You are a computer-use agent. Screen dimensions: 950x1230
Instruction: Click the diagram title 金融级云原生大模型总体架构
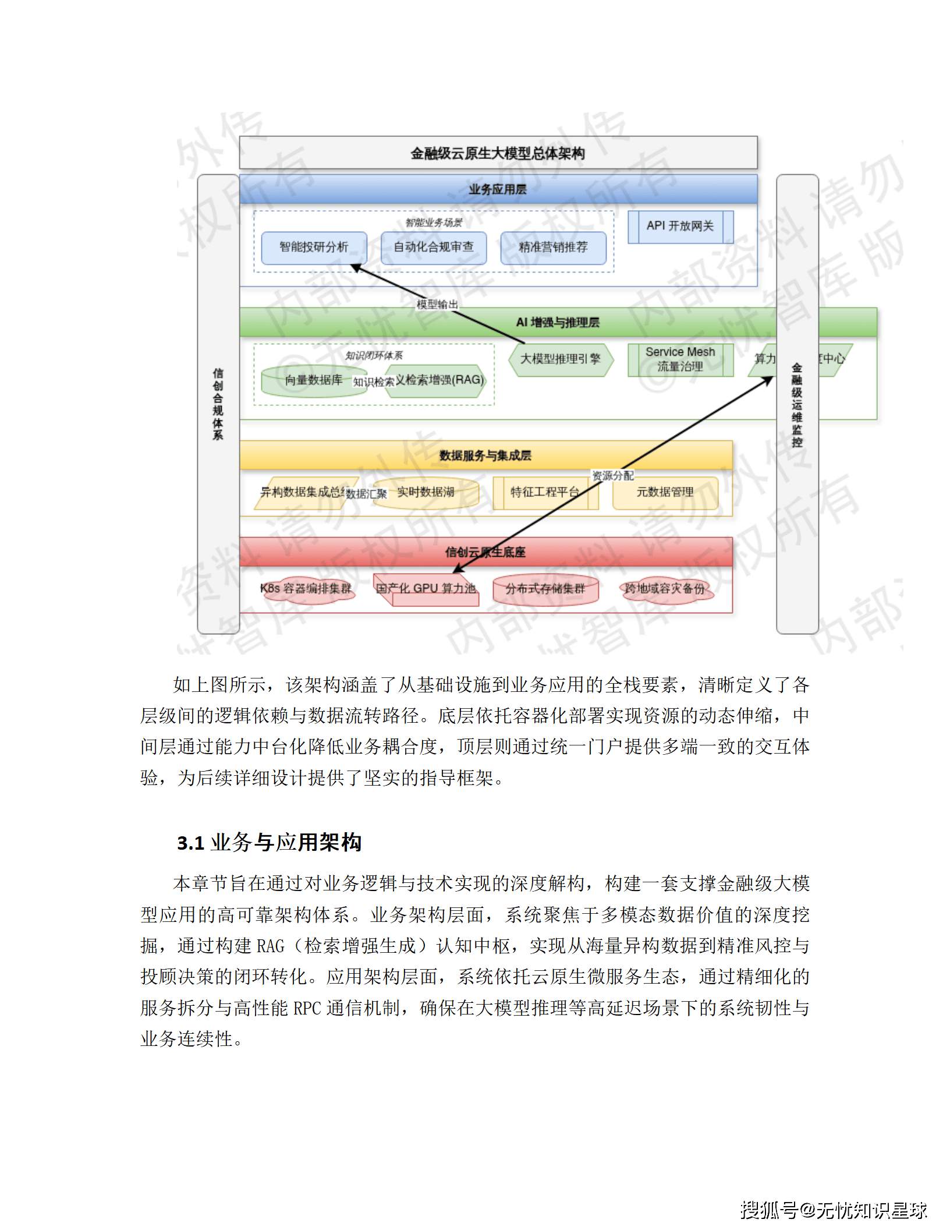tap(498, 153)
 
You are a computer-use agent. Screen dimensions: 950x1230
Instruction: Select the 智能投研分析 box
tap(314, 248)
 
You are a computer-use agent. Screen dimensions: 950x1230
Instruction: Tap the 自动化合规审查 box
tap(433, 248)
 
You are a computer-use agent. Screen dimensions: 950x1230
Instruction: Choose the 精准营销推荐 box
tap(553, 248)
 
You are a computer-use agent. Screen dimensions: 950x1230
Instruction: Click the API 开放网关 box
tap(680, 226)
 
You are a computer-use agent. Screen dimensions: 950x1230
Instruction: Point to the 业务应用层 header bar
tap(498, 189)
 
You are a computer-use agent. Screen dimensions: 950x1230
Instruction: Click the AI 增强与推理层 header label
tap(558, 322)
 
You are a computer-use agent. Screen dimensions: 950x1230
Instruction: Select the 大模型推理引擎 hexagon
tap(560, 359)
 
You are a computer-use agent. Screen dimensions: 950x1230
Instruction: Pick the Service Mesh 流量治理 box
tap(680, 359)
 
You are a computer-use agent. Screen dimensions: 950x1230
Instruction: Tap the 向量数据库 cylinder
tap(313, 380)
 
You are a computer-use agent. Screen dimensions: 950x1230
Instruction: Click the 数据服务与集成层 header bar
tap(485, 455)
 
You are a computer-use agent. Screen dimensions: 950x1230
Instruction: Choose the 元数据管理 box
tap(665, 493)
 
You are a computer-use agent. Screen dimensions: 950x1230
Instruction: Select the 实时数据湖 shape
tap(426, 493)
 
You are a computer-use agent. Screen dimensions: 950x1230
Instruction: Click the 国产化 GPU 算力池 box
tap(426, 589)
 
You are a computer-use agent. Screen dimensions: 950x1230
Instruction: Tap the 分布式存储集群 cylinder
tap(545, 589)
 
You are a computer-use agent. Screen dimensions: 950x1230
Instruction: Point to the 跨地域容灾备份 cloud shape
tap(665, 589)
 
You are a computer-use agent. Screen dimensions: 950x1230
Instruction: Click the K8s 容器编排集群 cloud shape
tap(306, 589)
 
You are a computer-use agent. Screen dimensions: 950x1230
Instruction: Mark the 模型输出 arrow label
tap(437, 304)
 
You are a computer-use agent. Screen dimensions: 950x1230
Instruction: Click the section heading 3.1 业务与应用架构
tap(270, 842)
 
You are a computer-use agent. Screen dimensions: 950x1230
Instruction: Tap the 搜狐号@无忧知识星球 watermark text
tap(834, 1210)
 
